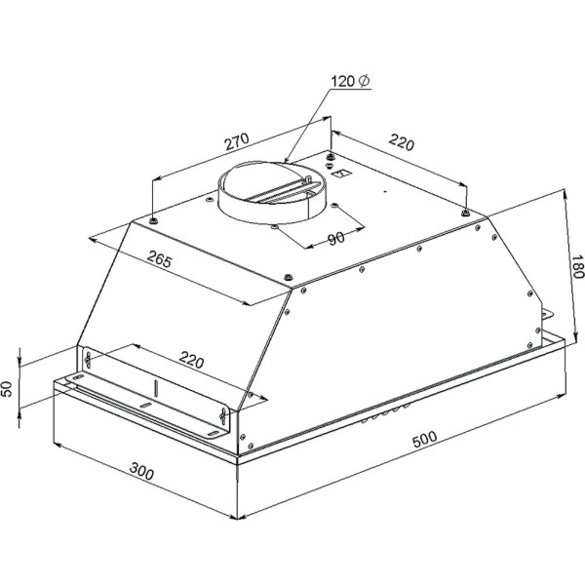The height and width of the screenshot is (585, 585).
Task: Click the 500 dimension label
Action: click(x=424, y=439)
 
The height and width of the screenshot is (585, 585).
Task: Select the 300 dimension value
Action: click(x=141, y=471)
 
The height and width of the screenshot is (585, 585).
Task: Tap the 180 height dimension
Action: click(x=577, y=266)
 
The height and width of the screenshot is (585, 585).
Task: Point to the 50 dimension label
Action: click(x=8, y=388)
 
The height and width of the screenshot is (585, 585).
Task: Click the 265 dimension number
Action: click(x=160, y=259)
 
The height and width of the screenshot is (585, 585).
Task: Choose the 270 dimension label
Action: click(x=237, y=141)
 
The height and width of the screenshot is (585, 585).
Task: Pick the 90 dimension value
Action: click(x=336, y=239)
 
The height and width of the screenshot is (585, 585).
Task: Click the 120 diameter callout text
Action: click(x=350, y=81)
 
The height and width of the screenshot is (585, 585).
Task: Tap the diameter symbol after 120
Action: click(x=364, y=81)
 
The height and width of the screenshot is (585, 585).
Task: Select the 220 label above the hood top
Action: click(x=402, y=142)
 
